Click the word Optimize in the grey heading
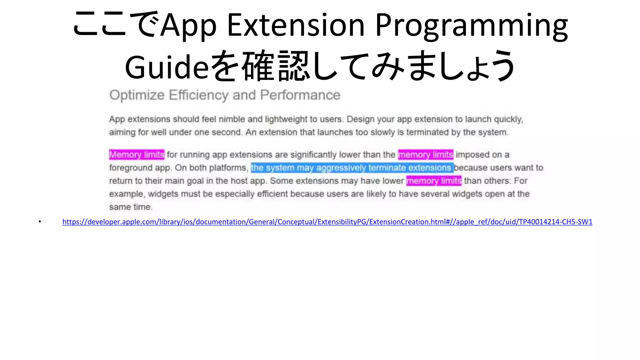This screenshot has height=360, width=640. pyautogui.click(x=137, y=95)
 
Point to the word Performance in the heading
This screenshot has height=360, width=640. pyautogui.click(x=300, y=95)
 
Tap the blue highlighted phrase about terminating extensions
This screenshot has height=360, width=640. pyautogui.click(x=352, y=168)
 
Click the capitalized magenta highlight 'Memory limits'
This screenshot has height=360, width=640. pyautogui.click(x=137, y=155)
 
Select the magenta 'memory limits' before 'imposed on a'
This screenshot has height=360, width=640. pyautogui.click(x=425, y=155)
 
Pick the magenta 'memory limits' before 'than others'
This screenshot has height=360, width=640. pyautogui.click(x=434, y=181)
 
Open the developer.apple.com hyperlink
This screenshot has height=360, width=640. pyautogui.click(x=327, y=222)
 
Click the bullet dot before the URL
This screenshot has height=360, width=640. pyautogui.click(x=40, y=222)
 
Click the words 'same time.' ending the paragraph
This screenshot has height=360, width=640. pyautogui.click(x=131, y=207)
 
